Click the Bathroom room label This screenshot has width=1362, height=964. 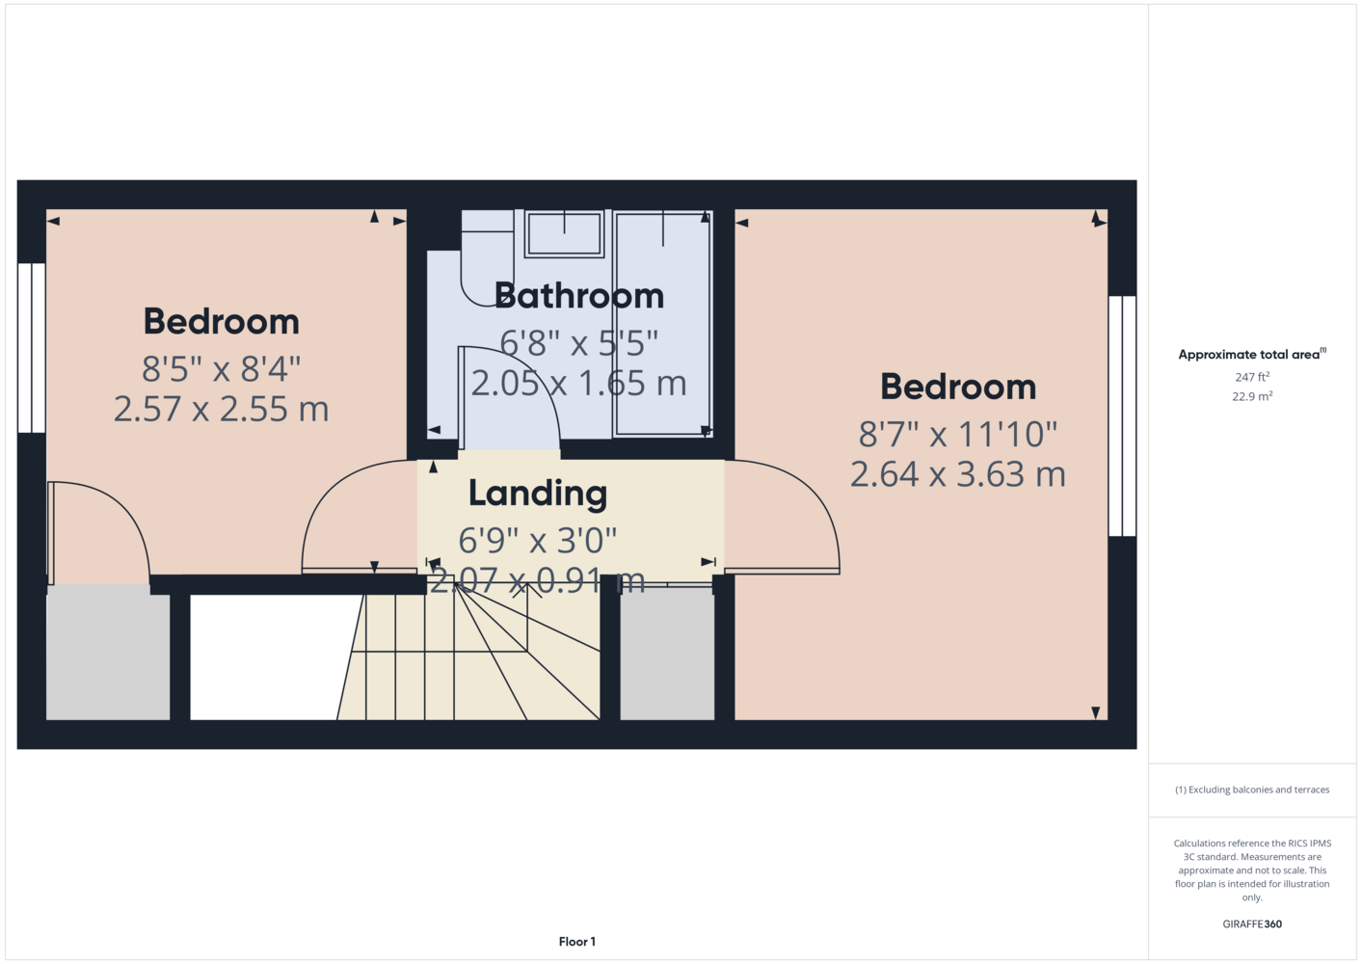click(x=579, y=296)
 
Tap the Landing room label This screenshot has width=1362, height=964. click(x=538, y=494)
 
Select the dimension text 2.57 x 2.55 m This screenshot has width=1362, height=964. click(x=222, y=409)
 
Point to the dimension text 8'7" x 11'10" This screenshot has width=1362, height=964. click(x=958, y=434)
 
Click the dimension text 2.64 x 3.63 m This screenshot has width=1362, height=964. click(x=958, y=474)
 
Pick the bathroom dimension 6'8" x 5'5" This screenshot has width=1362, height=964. click(x=579, y=343)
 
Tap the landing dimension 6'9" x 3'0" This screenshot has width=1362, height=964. click(x=538, y=540)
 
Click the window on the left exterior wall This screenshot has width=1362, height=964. click(x=32, y=348)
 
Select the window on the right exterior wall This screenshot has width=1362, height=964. click(x=1122, y=416)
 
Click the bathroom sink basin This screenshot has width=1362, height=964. click(x=564, y=234)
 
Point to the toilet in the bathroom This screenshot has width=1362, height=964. click(x=487, y=258)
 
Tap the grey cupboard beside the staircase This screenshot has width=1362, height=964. click(x=667, y=654)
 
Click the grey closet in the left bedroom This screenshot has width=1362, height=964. click(x=108, y=653)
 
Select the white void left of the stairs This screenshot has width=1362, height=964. click(x=271, y=657)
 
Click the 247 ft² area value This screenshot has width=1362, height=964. click(x=1252, y=377)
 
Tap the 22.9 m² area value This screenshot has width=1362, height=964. click(x=1252, y=396)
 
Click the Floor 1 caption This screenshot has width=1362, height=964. click(x=577, y=942)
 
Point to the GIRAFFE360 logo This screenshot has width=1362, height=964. click(x=1252, y=924)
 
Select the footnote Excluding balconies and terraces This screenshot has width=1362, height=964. click(x=1252, y=790)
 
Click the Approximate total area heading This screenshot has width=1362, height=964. click(x=1252, y=355)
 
